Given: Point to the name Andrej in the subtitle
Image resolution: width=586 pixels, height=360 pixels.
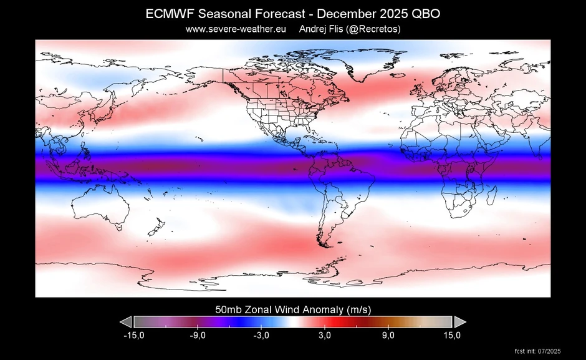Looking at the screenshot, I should (314, 29).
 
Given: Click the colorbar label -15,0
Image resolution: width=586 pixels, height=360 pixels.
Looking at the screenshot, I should (134, 336).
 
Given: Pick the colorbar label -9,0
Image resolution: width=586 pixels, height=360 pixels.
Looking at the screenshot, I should (198, 336).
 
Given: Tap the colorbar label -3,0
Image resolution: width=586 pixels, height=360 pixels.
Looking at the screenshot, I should (261, 336).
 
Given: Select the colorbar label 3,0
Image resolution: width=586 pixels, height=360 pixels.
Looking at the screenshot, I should (325, 336).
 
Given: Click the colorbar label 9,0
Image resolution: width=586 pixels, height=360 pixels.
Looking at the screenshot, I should (388, 336).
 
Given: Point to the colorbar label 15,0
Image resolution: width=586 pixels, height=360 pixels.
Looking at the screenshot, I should (452, 336).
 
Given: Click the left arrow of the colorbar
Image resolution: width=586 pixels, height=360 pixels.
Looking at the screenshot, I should (126, 321).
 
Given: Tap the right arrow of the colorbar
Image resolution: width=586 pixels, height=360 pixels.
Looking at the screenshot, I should (460, 321).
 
